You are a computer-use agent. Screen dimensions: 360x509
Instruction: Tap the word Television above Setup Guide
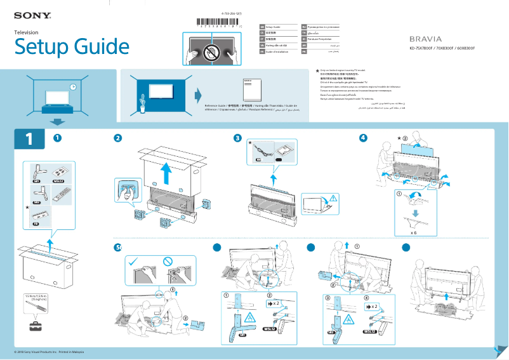pos(26,32)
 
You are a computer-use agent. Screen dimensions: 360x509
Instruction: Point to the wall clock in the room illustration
pos(73,87)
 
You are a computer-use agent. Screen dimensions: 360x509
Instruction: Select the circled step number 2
pos(117,138)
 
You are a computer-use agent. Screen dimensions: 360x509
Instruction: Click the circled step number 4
pos(363,138)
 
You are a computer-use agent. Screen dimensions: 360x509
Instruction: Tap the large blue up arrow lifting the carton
pos(166,173)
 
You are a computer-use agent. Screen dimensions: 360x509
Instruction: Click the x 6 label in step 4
pos(413,233)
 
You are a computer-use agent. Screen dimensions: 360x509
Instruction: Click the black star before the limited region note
pos(317,71)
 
